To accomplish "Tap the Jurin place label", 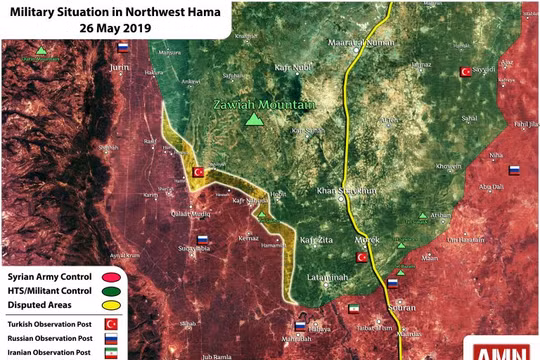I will pyautogui.click(x=121, y=67).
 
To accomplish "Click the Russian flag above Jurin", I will pyautogui.click(x=122, y=47).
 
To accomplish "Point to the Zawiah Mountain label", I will pyautogui.click(x=263, y=104).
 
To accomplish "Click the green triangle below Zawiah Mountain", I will pyautogui.click(x=255, y=120).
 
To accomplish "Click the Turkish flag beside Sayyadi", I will pyautogui.click(x=464, y=72).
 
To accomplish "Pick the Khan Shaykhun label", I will pyautogui.click(x=345, y=191).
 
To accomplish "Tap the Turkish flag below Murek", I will pyautogui.click(x=363, y=257).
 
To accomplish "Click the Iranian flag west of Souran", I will pyautogui.click(x=352, y=311).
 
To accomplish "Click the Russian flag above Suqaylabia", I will pyautogui.click(x=202, y=240).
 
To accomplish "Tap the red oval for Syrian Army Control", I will pyautogui.click(x=110, y=275).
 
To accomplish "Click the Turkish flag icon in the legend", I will pyautogui.click(x=110, y=324).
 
